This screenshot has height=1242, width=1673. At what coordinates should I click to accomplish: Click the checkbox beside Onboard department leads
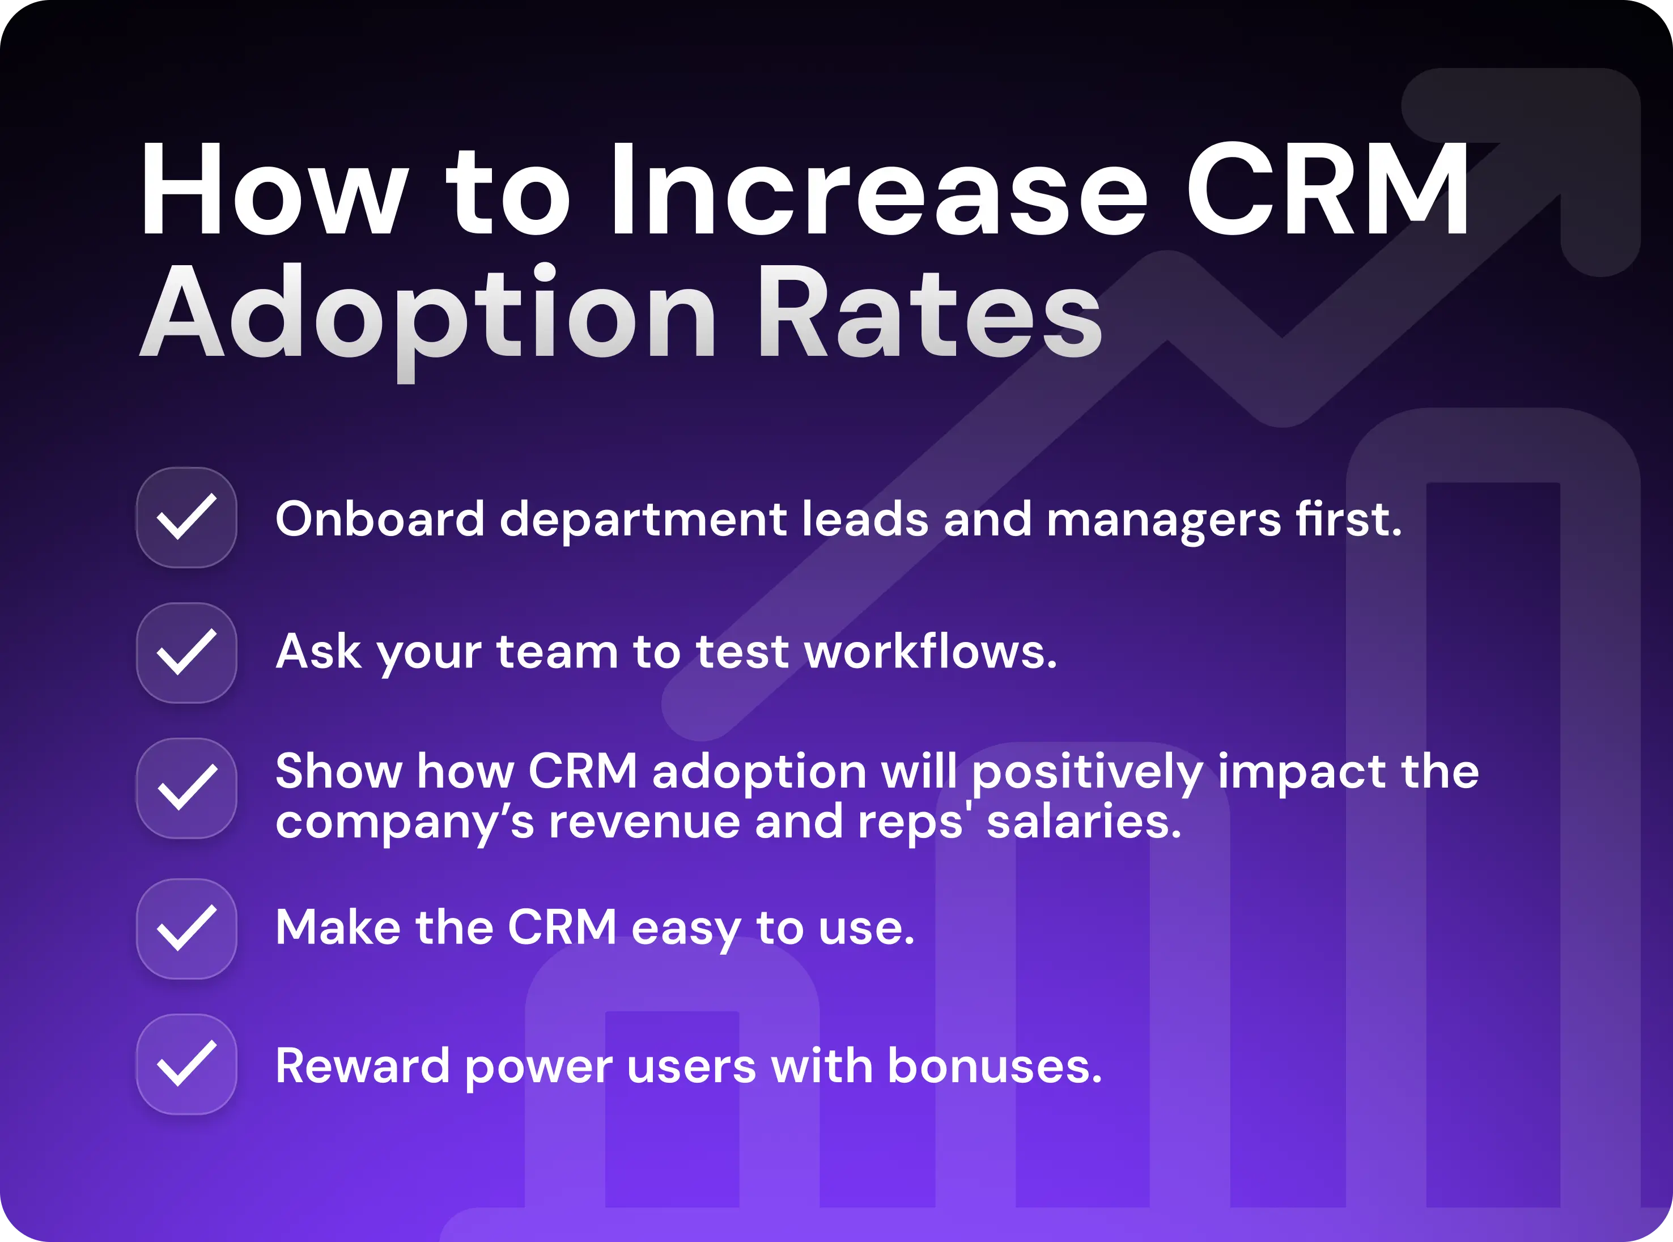186,517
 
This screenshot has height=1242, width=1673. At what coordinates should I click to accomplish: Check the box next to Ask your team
186,653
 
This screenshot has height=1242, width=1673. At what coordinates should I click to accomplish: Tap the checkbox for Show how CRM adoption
186,788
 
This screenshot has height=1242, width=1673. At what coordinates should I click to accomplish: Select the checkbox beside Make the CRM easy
186,929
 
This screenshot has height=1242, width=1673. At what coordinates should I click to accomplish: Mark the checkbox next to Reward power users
186,1064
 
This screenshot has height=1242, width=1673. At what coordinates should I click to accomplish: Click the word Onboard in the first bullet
380,519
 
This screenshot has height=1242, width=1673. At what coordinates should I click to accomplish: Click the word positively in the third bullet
1086,773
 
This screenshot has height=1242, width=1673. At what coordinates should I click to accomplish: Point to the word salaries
1084,822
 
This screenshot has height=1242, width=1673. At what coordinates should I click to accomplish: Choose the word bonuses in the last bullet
994,1066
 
